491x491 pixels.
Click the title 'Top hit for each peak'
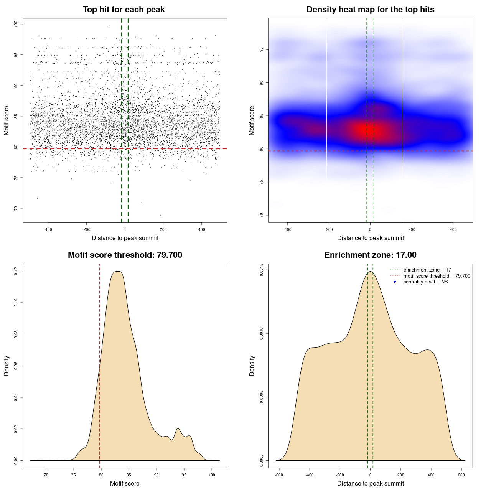(x=124, y=10)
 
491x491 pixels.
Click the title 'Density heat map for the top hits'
(x=370, y=10)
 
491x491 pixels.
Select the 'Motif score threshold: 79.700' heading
(x=125, y=255)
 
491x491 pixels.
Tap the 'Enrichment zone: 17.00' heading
(x=370, y=255)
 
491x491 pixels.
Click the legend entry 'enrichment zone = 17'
(x=427, y=270)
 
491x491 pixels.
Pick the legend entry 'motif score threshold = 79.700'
(x=437, y=276)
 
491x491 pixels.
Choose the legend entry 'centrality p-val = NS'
(x=425, y=282)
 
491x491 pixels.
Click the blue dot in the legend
(x=395, y=282)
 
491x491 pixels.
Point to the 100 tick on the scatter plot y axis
(x=16, y=24)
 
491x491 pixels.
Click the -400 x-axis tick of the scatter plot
(x=48, y=229)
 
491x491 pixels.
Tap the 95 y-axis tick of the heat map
(x=261, y=50)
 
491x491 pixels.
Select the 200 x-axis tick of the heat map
(x=412, y=229)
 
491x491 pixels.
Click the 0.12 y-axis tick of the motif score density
(x=16, y=271)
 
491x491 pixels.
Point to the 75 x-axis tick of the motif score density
(x=74, y=475)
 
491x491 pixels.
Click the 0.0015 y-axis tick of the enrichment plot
(x=261, y=270)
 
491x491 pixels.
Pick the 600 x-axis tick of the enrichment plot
(x=461, y=475)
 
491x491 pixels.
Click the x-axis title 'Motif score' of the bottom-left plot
(x=125, y=483)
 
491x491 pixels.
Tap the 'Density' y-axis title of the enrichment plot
(x=252, y=366)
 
